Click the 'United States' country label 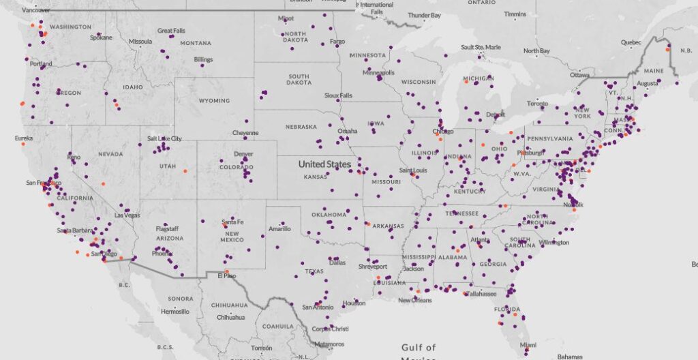pyautogui.click(x=324, y=164)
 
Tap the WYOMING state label pyautogui.click(x=214, y=101)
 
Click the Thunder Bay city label pyautogui.click(x=424, y=15)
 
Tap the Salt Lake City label pyautogui.click(x=164, y=138)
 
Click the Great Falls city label pyautogui.click(x=171, y=31)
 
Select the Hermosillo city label pyautogui.click(x=174, y=311)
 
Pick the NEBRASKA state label pyautogui.click(x=301, y=127)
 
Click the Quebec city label pyautogui.click(x=631, y=42)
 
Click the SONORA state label pyautogui.click(x=180, y=299)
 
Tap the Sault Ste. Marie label pyautogui.click(x=481, y=47)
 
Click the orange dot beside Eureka pyautogui.click(x=22, y=144)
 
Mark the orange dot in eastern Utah pyautogui.click(x=185, y=170)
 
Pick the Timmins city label pyautogui.click(x=515, y=14)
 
